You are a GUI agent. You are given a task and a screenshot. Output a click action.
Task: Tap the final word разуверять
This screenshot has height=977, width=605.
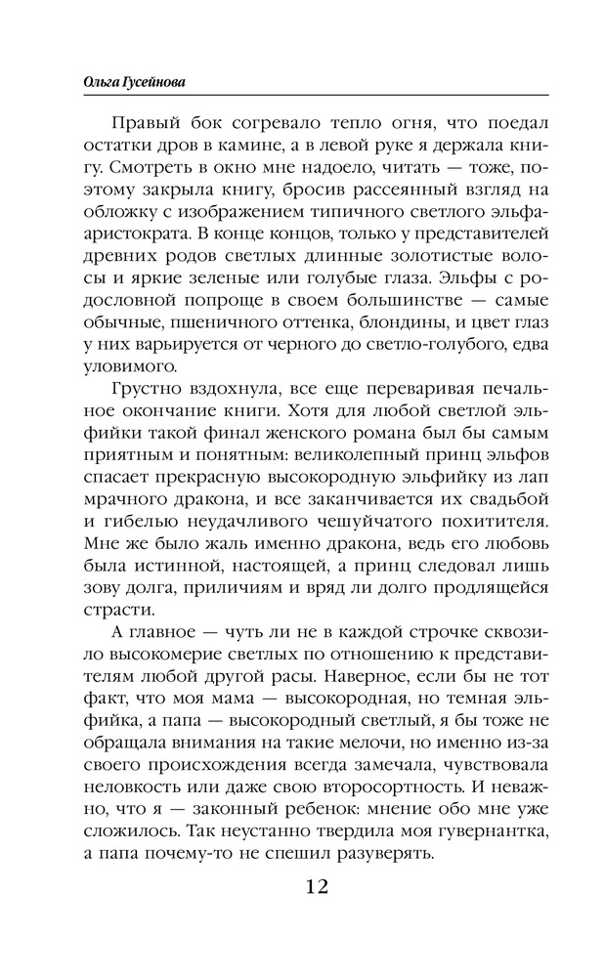coord(376,857)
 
